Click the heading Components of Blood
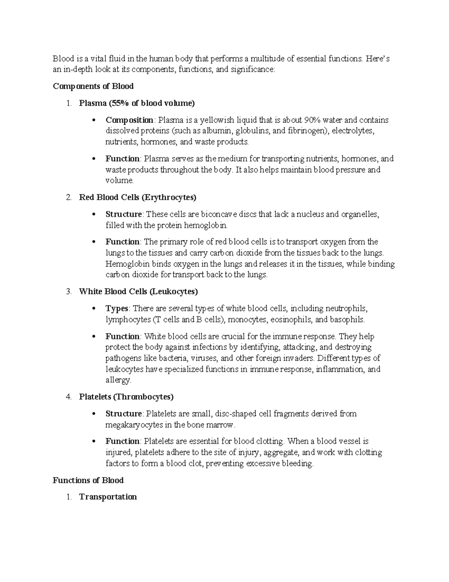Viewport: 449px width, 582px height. pyautogui.click(x=93, y=86)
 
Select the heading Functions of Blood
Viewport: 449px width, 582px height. pyautogui.click(x=88, y=480)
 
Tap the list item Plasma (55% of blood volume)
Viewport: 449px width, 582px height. pyautogui.click(x=137, y=103)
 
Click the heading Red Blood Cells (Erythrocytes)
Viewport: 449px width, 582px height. pyautogui.click(x=137, y=197)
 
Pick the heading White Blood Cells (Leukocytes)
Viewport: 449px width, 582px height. pyautogui.click(x=138, y=291)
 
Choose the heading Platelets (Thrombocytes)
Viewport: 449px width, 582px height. pyautogui.click(x=126, y=396)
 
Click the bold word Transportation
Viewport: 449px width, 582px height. pyautogui.click(x=108, y=497)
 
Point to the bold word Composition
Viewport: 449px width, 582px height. pyautogui.click(x=129, y=120)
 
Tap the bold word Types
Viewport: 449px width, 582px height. pyautogui.click(x=117, y=308)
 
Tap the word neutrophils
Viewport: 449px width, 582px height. pyautogui.click(x=346, y=308)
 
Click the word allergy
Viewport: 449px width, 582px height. pyautogui.click(x=118, y=380)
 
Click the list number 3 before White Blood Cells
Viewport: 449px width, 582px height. pyautogui.click(x=68, y=291)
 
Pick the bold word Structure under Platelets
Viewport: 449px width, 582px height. pyautogui.click(x=123, y=414)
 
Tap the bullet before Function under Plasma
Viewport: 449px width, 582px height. pyautogui.click(x=94, y=159)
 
